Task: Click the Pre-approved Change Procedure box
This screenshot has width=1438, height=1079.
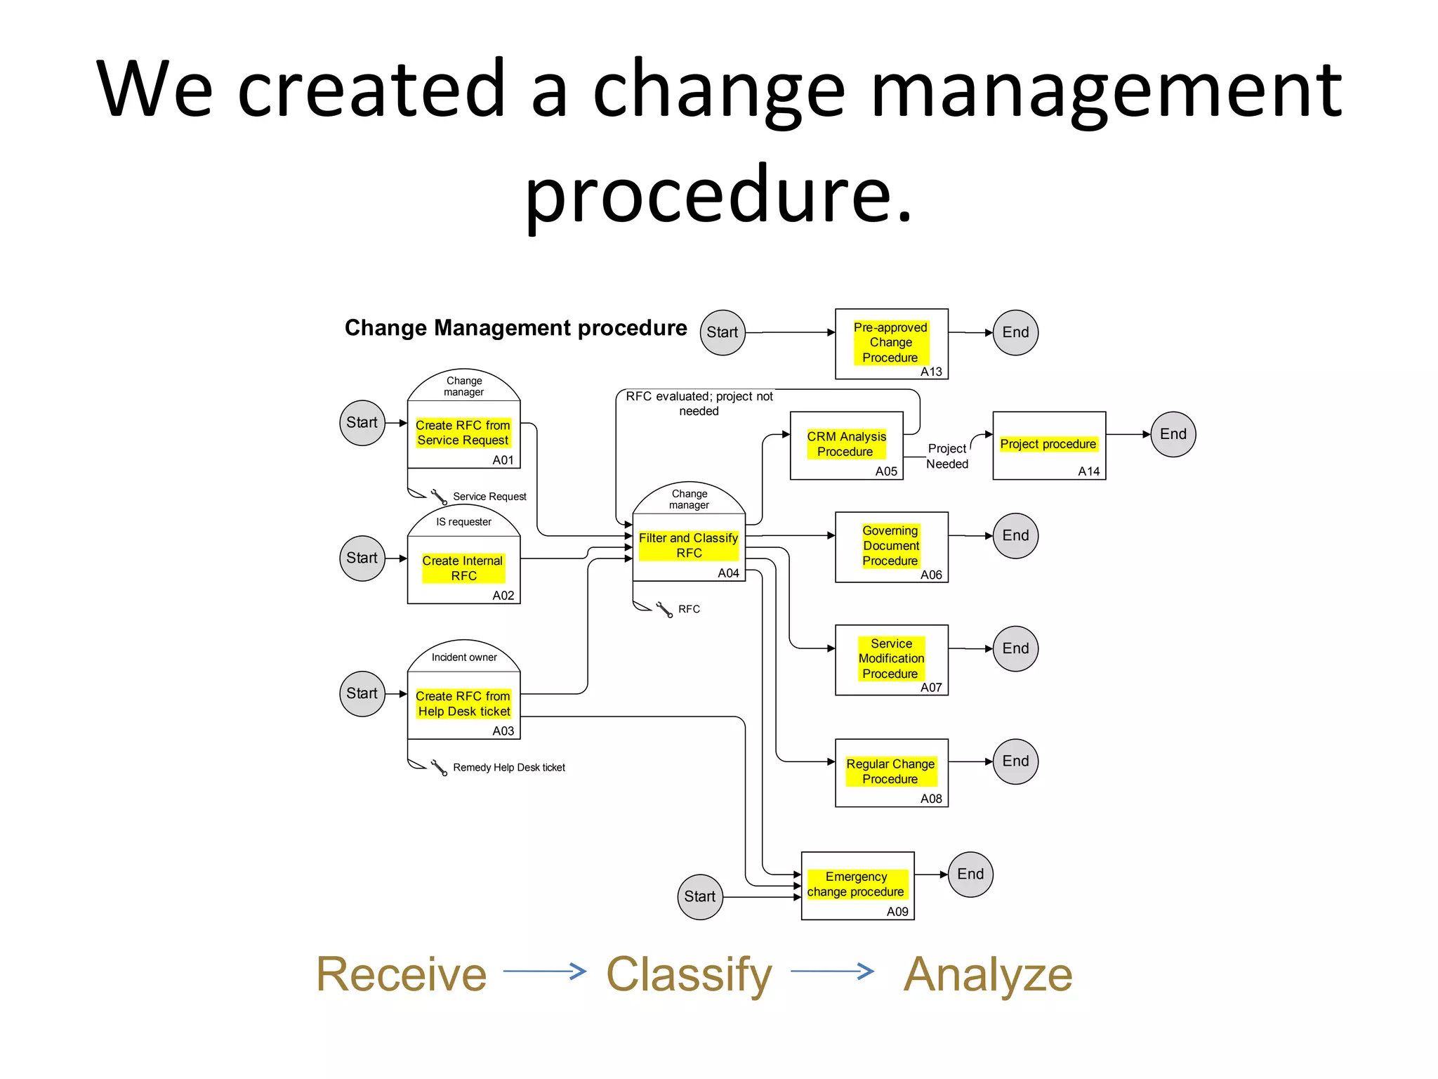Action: click(x=891, y=344)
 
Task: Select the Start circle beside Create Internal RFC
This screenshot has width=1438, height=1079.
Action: click(x=362, y=558)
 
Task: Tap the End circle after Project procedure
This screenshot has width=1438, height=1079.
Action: click(x=1173, y=434)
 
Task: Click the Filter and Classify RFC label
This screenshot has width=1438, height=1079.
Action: click(x=688, y=545)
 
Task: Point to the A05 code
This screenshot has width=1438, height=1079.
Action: click(x=886, y=471)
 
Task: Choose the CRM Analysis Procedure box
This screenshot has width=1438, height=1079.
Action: click(x=846, y=445)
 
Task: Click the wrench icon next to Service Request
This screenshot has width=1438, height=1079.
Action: click(x=439, y=497)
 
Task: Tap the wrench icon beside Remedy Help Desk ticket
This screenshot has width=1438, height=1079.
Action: click(x=439, y=768)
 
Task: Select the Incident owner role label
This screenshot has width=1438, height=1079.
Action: click(x=463, y=658)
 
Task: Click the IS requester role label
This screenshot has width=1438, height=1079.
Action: click(x=463, y=522)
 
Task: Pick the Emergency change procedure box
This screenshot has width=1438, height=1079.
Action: click(x=857, y=885)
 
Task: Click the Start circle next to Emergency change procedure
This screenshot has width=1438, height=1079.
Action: click(x=700, y=897)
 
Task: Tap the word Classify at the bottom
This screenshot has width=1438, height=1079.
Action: click(x=689, y=974)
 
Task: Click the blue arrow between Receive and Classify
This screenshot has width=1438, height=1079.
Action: click(x=545, y=972)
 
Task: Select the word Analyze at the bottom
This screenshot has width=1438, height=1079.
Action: click(x=987, y=974)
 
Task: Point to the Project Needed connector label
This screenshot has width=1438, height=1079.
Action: click(x=946, y=456)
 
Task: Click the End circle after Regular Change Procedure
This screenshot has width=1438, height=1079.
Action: click(x=1015, y=761)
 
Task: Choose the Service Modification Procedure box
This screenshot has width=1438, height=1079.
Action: click(x=891, y=660)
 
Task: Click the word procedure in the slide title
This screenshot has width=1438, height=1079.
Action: click(x=718, y=194)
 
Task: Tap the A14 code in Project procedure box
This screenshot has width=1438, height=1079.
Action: click(x=1088, y=471)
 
